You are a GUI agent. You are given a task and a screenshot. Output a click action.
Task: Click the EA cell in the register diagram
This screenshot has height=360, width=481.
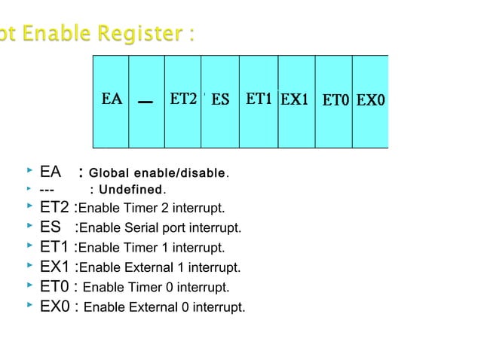pyautogui.click(x=112, y=99)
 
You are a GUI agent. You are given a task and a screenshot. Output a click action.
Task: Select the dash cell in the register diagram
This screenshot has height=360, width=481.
pyautogui.click(x=146, y=100)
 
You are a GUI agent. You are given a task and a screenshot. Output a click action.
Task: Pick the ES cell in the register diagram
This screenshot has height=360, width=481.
pyautogui.click(x=220, y=99)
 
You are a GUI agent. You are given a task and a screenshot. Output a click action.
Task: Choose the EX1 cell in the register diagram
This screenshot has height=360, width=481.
pyautogui.click(x=295, y=99)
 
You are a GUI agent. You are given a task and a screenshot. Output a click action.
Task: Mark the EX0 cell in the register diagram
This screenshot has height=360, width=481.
pyautogui.click(x=371, y=99)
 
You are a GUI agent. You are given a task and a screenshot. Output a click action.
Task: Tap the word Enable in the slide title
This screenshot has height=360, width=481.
pyautogui.click(x=54, y=35)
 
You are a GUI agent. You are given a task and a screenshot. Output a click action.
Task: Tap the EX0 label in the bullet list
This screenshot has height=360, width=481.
pyautogui.click(x=55, y=307)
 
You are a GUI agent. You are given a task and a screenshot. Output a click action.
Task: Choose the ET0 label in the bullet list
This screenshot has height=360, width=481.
pyautogui.click(x=55, y=287)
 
